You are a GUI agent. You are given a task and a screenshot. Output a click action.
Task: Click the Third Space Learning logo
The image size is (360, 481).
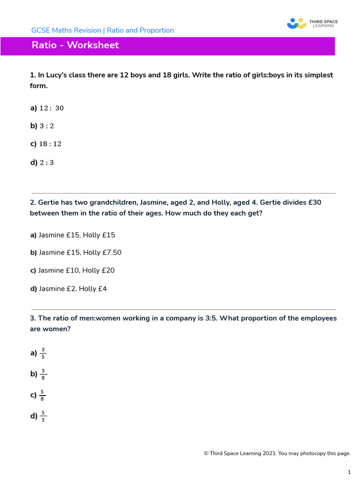tap(312, 23)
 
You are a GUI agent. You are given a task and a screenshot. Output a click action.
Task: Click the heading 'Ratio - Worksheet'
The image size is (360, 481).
tap(75, 45)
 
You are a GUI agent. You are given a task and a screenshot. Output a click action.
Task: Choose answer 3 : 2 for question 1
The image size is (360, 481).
tap(46, 126)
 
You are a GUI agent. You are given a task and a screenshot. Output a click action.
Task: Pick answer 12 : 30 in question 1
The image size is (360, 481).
tap(51, 108)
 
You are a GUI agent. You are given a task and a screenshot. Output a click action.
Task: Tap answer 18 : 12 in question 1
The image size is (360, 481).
tap(50, 144)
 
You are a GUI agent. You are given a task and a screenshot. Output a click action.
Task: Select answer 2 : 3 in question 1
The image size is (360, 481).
tap(46, 163)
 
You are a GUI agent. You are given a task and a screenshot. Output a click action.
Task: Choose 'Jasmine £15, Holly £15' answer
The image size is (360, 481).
tap(76, 235)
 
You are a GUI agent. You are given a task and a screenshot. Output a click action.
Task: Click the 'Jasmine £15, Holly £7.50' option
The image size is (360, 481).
tap(80, 253)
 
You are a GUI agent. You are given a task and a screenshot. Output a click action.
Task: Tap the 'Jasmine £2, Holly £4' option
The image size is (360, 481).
tap(73, 289)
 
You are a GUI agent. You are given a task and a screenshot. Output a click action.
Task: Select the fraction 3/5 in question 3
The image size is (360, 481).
tap(43, 353)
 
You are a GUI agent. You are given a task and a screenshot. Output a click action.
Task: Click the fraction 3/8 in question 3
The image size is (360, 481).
tap(43, 374)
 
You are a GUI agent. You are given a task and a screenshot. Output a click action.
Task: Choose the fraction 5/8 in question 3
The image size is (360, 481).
tap(43, 395)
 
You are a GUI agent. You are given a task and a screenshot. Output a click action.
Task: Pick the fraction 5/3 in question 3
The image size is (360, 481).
tap(43, 416)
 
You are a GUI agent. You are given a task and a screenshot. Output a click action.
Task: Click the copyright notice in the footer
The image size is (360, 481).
tap(277, 453)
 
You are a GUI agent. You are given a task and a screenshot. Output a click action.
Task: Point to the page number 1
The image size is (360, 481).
tap(349, 472)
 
